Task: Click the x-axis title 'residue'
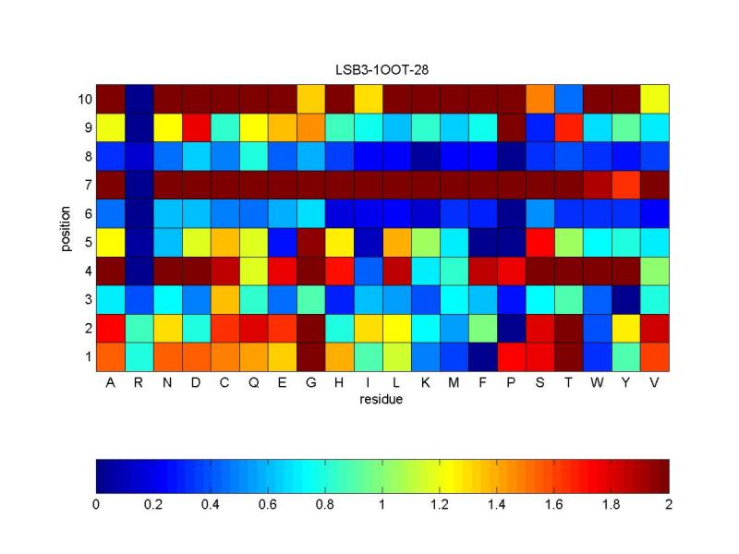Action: coord(382,400)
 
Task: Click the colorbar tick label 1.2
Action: coord(440,505)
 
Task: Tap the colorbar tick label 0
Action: coord(96,505)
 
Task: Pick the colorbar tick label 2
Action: coord(669,505)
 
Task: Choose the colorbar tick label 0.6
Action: coord(268,505)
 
